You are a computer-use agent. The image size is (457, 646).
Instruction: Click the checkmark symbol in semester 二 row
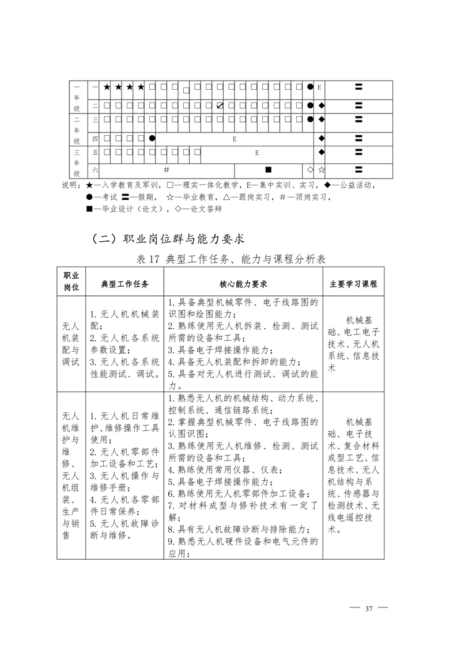(x=220, y=105)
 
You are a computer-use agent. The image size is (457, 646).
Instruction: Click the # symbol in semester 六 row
(x=166, y=170)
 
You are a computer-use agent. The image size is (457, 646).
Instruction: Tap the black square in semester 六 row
(x=268, y=170)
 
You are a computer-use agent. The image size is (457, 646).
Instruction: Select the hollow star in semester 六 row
(x=322, y=170)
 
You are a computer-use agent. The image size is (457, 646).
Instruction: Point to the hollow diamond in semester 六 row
(x=310, y=170)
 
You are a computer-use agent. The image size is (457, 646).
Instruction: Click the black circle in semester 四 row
(x=152, y=138)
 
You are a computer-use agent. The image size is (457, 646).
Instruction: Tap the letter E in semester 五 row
(x=257, y=153)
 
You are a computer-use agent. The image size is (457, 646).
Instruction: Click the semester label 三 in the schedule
(x=95, y=119)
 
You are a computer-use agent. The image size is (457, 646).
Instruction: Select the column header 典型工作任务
(x=125, y=284)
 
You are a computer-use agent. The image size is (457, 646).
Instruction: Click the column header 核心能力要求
(x=243, y=284)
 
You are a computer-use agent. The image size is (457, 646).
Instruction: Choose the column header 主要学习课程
(x=353, y=284)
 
